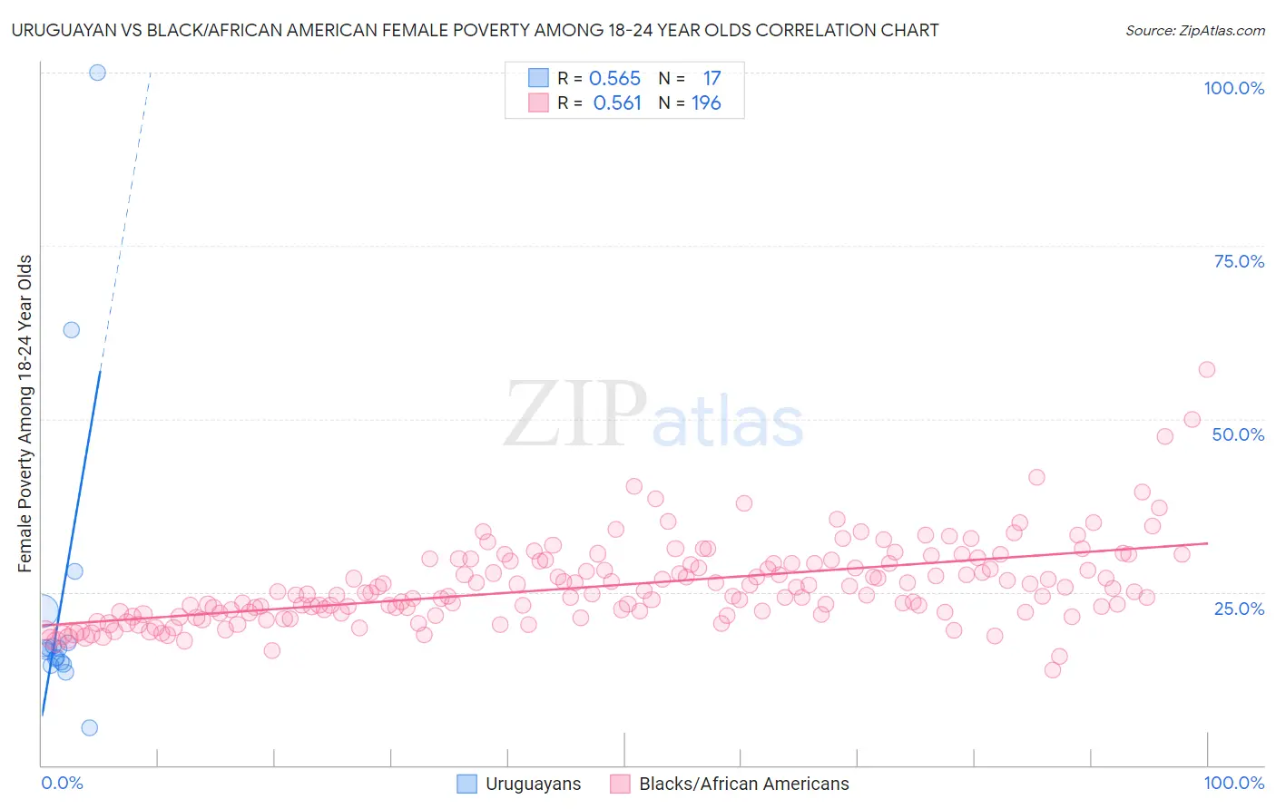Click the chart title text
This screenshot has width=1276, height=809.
tap(475, 30)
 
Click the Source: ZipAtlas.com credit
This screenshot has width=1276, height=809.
tap(1194, 30)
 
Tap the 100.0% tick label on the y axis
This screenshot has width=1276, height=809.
tap(1233, 88)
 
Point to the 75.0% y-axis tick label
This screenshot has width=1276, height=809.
tap(1239, 261)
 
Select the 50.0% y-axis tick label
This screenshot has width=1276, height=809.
tap(1238, 434)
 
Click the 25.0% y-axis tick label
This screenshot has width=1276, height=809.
tap(1239, 609)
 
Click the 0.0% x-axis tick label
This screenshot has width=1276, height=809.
tap(62, 783)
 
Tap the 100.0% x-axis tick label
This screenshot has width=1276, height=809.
tap(1233, 783)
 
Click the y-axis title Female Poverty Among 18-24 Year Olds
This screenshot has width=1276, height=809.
tap(25, 414)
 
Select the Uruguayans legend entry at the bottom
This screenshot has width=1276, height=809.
tap(533, 784)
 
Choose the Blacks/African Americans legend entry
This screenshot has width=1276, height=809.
tap(743, 784)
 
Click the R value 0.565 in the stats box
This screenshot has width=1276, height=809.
tap(614, 79)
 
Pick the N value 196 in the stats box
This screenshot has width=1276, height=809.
tap(706, 103)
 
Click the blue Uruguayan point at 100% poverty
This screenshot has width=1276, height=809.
tap(97, 73)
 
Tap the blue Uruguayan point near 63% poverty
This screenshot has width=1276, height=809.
tap(71, 330)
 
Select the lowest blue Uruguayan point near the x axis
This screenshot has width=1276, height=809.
tap(89, 727)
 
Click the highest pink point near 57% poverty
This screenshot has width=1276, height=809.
tap(1206, 369)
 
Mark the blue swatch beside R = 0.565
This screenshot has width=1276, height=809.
tap(538, 79)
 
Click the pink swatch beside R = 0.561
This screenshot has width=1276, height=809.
tap(538, 103)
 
